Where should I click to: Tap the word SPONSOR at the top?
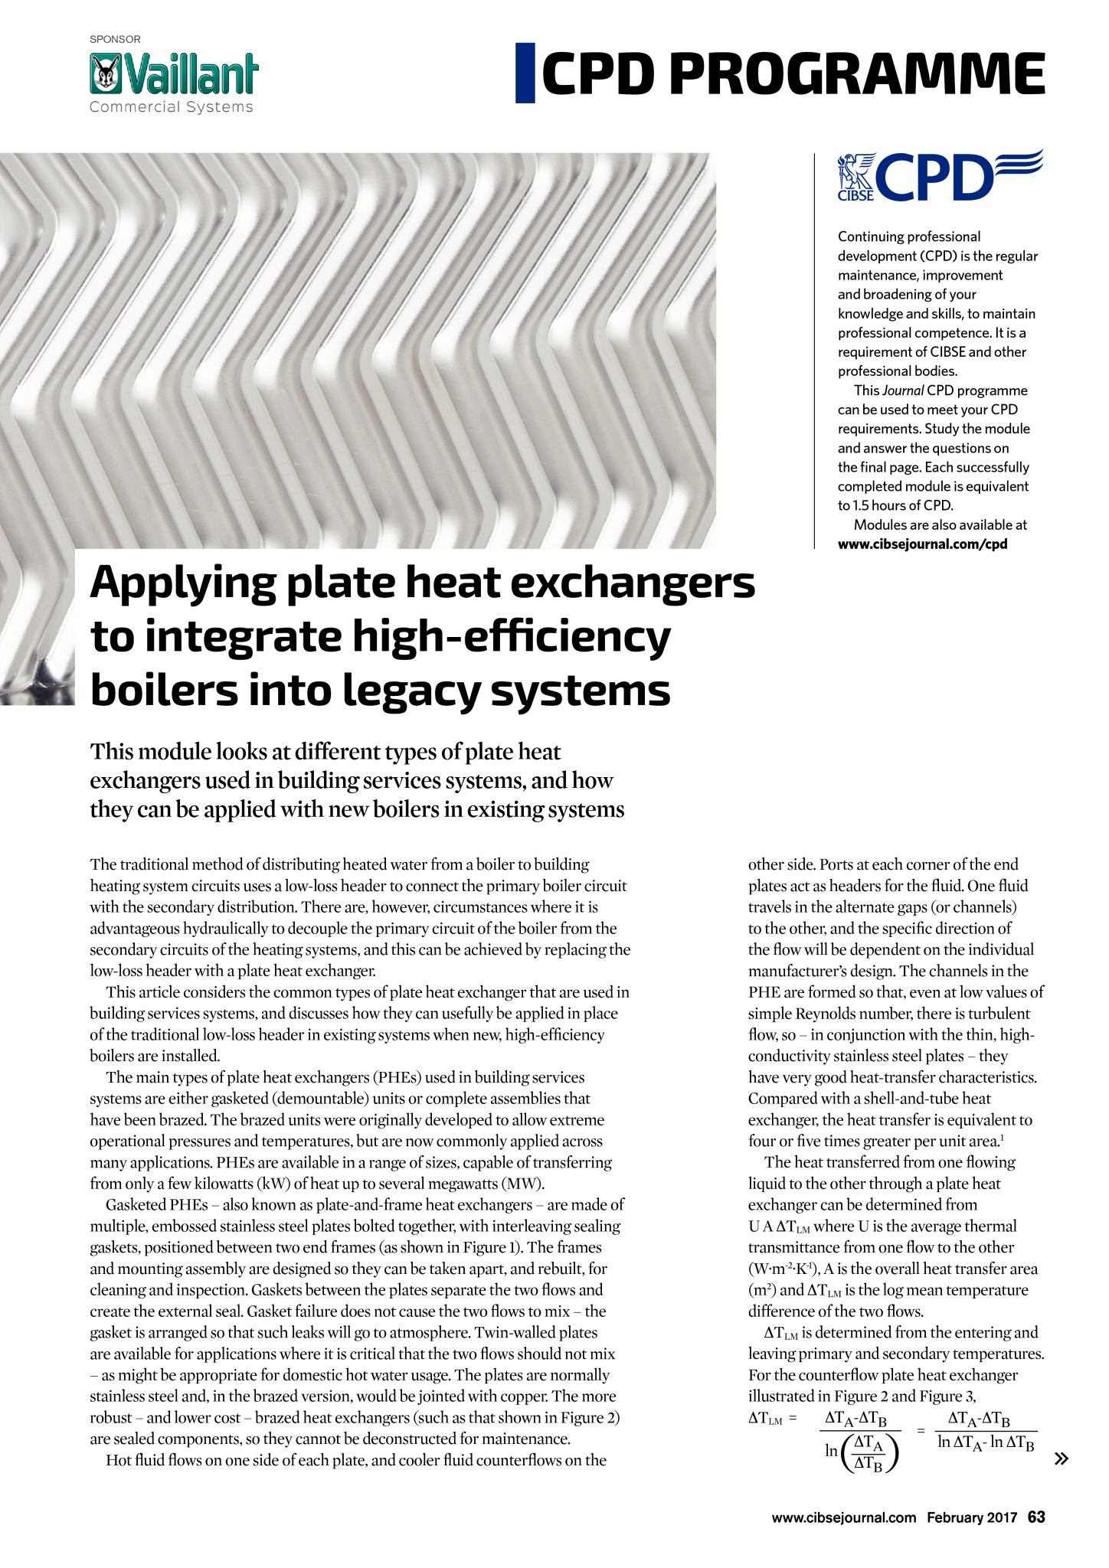coord(115,39)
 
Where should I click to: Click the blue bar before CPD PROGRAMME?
coord(525,73)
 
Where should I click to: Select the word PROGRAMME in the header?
coord(857,74)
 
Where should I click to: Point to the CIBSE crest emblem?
coord(855,177)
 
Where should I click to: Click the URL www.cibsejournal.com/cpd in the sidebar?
coord(922,544)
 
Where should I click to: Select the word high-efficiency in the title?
coord(511,638)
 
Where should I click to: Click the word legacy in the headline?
coord(410,691)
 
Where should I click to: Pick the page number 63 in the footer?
coord(1036,1517)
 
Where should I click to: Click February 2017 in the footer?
coord(972,1517)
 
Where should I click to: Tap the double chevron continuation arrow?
coord(1061,1459)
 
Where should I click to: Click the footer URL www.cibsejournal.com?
coord(843,1517)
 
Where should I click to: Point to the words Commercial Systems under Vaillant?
coord(171,107)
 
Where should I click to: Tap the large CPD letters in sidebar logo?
coord(934,175)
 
